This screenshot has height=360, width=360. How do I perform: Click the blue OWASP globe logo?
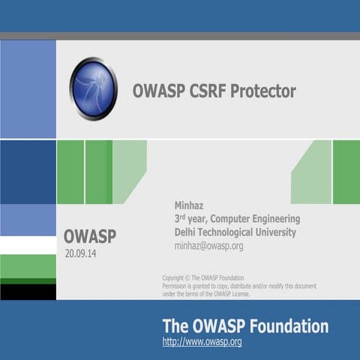tap(94, 88)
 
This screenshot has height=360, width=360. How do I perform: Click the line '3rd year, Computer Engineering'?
tap(237, 218)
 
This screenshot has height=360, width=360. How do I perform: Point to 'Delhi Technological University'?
tap(235, 232)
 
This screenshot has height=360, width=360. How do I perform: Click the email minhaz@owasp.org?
tap(208, 245)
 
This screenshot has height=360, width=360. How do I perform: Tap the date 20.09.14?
tap(81, 254)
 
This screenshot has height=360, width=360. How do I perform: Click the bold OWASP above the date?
tap(90, 237)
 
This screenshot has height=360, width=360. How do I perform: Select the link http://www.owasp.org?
tap(202, 342)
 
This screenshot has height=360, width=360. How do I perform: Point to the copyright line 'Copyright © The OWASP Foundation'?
tap(202, 277)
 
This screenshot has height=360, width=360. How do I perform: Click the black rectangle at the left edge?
tap(28, 291)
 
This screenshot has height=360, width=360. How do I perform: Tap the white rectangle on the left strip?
tap(28, 245)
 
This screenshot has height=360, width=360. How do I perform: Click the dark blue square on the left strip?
tap(28, 172)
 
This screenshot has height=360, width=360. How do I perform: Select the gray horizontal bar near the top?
tap(180, 35)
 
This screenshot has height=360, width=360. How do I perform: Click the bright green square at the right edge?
tap(346, 172)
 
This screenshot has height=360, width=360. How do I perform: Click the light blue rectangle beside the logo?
tap(28, 88)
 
